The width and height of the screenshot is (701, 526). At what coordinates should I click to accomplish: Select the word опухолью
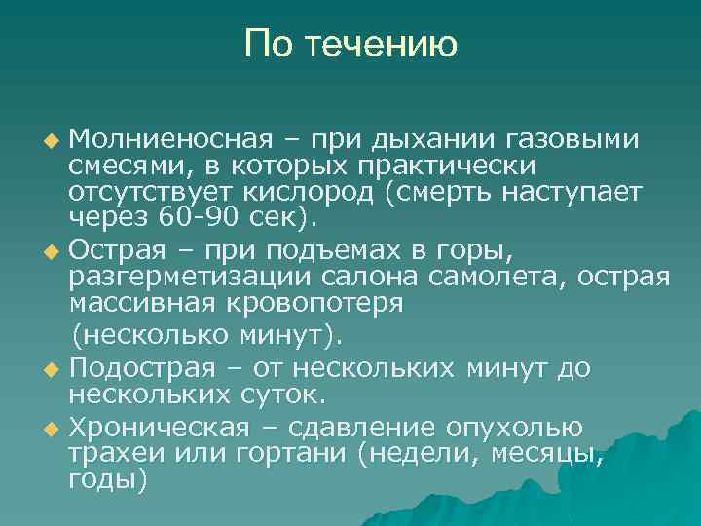[x=513, y=428]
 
